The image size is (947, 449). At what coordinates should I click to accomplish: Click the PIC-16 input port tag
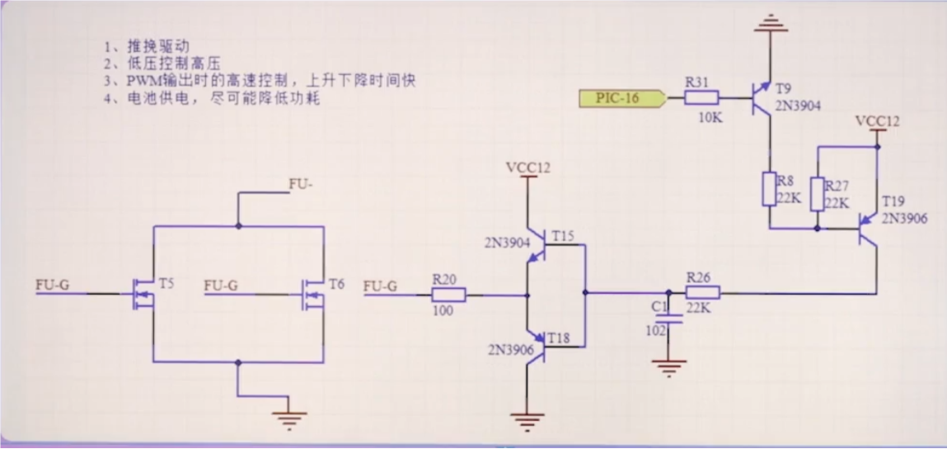621,99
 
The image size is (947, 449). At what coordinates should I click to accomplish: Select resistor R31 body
702,98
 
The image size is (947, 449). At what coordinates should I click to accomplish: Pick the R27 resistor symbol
818,194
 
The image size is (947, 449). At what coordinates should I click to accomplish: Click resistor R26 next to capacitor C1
703,292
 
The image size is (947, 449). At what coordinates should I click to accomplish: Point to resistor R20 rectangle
450,293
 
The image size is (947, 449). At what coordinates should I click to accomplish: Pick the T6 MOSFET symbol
313,293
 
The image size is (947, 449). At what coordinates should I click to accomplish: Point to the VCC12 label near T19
877,121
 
